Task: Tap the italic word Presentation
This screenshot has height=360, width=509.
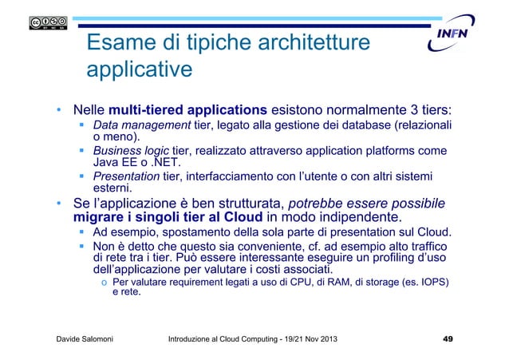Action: click(126, 176)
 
